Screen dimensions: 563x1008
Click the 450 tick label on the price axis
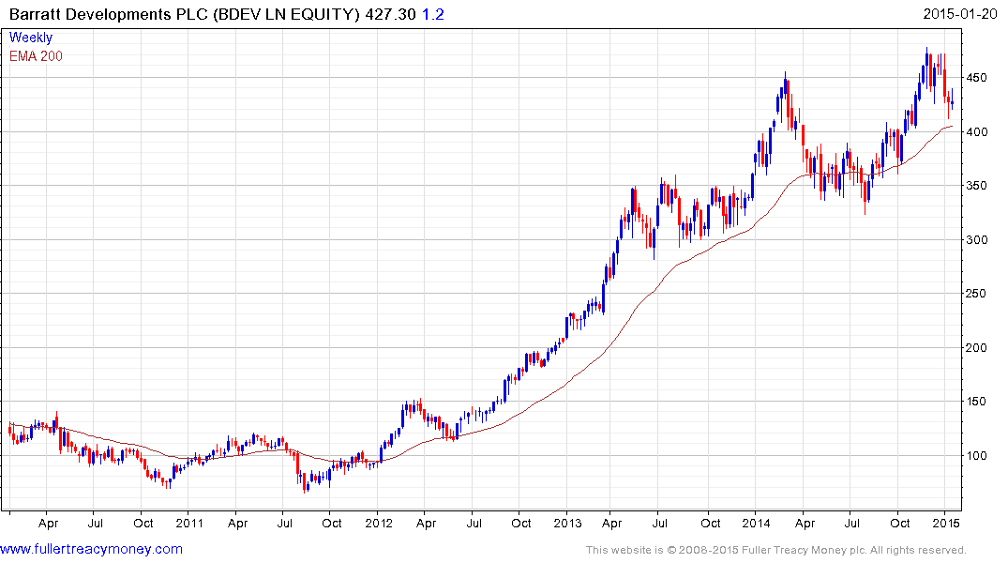(979, 78)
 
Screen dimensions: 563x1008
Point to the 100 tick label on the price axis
(979, 456)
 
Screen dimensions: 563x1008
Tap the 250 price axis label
(979, 294)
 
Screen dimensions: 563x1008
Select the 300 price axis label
(979, 240)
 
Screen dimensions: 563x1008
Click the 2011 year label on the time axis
(190, 523)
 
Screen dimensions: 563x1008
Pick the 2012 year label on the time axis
(378, 523)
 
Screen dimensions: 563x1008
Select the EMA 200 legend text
(36, 56)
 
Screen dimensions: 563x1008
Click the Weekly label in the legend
(31, 38)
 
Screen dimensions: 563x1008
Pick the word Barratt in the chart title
(34, 14)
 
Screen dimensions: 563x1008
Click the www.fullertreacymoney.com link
(91, 549)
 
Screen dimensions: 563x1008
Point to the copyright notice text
(775, 550)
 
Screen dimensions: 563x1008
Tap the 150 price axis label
(979, 403)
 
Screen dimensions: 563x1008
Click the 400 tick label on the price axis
(979, 132)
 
